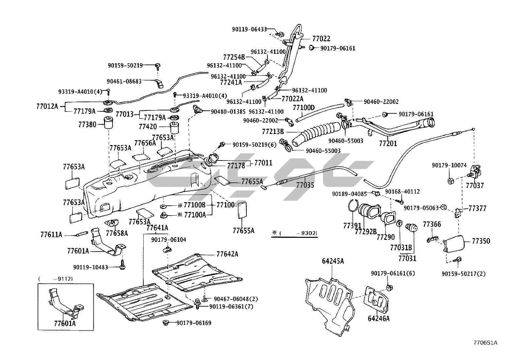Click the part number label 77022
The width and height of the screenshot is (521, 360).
321,39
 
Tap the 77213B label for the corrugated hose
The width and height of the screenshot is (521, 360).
273,132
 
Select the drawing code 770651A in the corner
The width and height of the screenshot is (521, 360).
485,343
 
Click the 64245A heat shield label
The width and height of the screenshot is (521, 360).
333,261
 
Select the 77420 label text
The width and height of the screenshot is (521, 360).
148,126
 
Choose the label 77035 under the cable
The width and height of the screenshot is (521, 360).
305,185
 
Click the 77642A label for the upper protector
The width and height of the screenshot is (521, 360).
227,254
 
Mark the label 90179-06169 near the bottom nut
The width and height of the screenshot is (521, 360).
194,323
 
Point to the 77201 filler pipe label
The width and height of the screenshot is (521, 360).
388,143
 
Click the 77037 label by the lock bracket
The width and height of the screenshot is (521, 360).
475,186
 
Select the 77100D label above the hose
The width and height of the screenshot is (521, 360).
303,108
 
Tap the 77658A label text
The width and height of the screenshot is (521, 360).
117,233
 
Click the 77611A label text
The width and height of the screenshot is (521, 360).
51,235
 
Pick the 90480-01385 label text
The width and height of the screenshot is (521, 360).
228,112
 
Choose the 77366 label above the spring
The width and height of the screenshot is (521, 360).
432,224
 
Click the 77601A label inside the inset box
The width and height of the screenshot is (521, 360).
65,324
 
